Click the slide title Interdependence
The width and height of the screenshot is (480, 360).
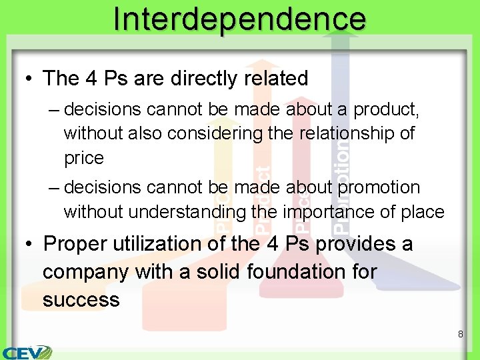(x=239, y=18)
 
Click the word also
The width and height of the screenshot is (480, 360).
(x=145, y=133)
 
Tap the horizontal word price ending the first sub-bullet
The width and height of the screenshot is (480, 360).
(x=84, y=158)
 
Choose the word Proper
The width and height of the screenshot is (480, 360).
(x=75, y=243)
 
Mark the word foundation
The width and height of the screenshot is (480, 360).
(x=300, y=272)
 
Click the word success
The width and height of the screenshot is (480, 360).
(x=81, y=299)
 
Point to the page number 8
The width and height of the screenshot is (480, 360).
(x=460, y=333)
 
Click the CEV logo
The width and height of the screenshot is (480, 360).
(x=27, y=352)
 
